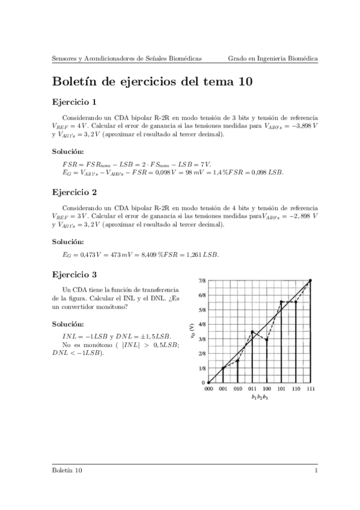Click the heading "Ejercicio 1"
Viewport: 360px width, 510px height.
75,102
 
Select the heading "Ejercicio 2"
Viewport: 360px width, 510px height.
75,193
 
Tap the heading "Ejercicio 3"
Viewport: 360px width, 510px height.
75,274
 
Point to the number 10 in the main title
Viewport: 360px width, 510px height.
245,81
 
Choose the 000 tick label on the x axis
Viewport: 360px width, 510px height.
209,390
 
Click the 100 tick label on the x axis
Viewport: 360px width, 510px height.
267,390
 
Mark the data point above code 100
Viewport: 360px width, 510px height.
267,340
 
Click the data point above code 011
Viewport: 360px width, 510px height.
252,331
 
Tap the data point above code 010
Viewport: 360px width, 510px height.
238,360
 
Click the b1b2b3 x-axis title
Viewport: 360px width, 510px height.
260,398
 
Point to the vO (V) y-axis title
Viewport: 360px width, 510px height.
192,331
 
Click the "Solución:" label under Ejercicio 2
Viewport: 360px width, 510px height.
68,241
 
